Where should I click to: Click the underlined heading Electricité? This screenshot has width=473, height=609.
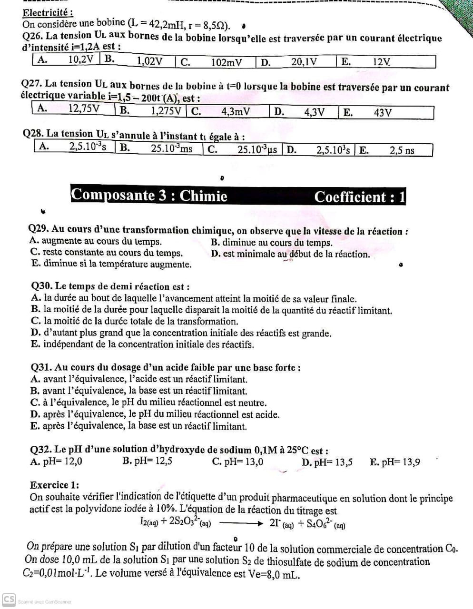(48, 12)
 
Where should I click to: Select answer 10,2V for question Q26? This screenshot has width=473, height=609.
(81, 59)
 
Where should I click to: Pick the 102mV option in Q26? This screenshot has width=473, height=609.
(227, 62)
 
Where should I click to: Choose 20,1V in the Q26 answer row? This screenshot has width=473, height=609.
(304, 61)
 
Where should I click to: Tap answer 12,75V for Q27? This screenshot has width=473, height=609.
(84, 108)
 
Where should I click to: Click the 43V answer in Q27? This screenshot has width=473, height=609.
(383, 113)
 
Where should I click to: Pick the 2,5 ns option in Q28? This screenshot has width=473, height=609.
(402, 150)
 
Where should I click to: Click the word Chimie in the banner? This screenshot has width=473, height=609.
(203, 196)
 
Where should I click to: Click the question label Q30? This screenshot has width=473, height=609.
(41, 286)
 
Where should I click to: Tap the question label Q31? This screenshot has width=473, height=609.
(41, 367)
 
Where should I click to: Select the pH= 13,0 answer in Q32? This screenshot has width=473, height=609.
(237, 462)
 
